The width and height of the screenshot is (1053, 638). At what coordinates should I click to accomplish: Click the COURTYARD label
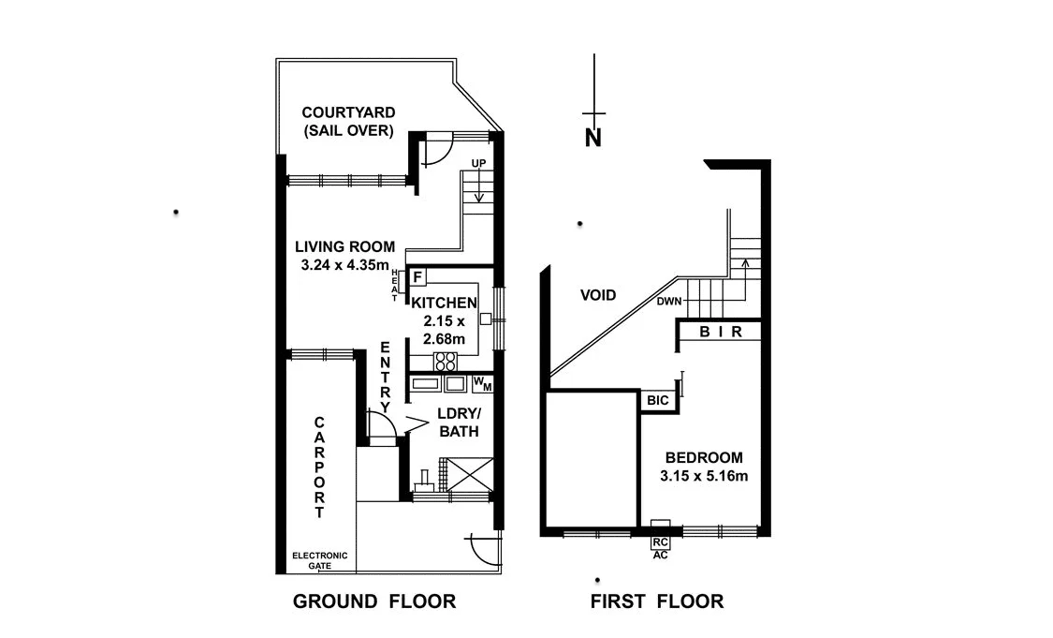(x=347, y=112)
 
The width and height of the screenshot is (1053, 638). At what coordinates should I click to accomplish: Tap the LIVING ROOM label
(x=344, y=247)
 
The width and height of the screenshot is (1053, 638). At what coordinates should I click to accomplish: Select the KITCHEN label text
(x=445, y=303)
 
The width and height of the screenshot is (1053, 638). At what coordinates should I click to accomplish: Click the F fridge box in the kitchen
(x=417, y=276)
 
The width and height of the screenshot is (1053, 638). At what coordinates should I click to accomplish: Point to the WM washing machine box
(x=482, y=383)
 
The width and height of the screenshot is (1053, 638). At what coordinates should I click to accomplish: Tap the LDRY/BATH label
(x=459, y=423)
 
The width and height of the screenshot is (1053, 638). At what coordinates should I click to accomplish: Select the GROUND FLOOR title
(x=374, y=601)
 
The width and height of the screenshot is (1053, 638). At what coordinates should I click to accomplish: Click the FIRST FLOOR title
(x=657, y=601)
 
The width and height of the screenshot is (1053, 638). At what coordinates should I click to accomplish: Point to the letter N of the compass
(x=592, y=138)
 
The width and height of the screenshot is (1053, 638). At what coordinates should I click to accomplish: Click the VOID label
(x=598, y=295)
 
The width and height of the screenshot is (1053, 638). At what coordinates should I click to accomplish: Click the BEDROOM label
(x=704, y=458)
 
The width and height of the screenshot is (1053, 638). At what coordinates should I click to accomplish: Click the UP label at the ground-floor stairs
(x=478, y=164)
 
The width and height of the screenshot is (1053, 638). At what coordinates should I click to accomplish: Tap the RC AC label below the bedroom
(x=660, y=547)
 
